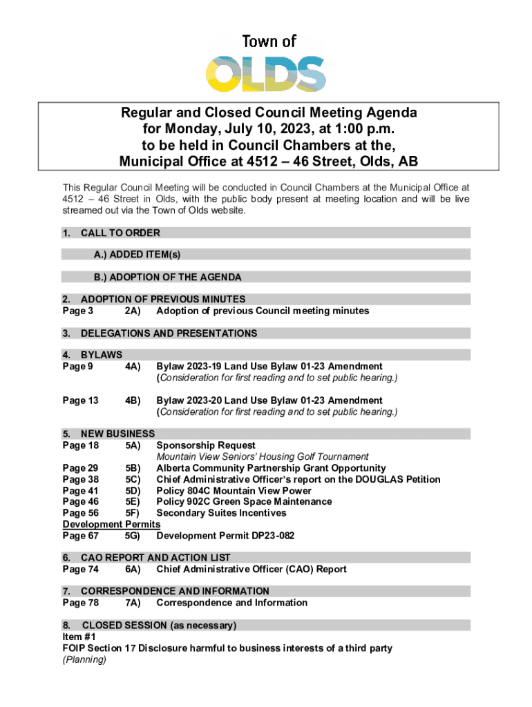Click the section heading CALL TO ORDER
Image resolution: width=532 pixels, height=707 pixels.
120,233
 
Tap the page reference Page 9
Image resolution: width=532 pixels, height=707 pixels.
77,366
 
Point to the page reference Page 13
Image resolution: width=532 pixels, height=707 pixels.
80,400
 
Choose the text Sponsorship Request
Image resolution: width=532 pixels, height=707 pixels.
206,445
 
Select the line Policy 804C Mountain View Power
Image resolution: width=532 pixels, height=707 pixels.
234,490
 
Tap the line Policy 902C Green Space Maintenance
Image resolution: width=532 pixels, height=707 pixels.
244,501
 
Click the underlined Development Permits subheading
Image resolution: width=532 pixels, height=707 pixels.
111,524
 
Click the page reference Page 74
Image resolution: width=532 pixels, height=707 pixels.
80,569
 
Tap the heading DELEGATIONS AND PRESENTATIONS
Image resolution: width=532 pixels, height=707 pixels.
169,333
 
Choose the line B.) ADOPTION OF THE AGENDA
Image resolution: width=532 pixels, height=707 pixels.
168,278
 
